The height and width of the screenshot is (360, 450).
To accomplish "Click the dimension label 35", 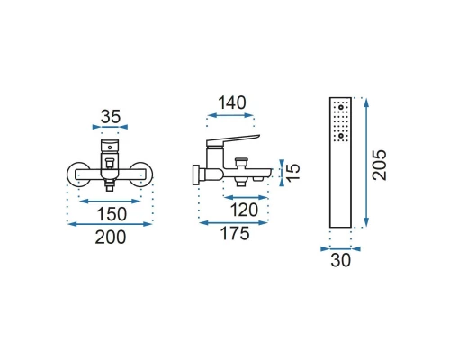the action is point(111,117).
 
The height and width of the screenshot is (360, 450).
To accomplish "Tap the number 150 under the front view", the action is point(112,214).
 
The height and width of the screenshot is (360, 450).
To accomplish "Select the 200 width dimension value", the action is point(111,238).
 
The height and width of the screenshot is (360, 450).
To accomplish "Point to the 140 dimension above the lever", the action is point(232,103).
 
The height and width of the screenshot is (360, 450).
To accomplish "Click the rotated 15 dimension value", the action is point(293,172).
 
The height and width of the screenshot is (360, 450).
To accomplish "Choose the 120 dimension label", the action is point(244,210).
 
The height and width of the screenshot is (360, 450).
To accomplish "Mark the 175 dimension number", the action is point(235,233).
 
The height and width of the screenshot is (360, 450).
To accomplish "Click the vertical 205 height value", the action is point(380,165).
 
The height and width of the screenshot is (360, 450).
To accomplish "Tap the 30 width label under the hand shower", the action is point(340,260).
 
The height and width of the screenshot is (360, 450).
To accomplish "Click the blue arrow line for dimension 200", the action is point(111,224).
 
